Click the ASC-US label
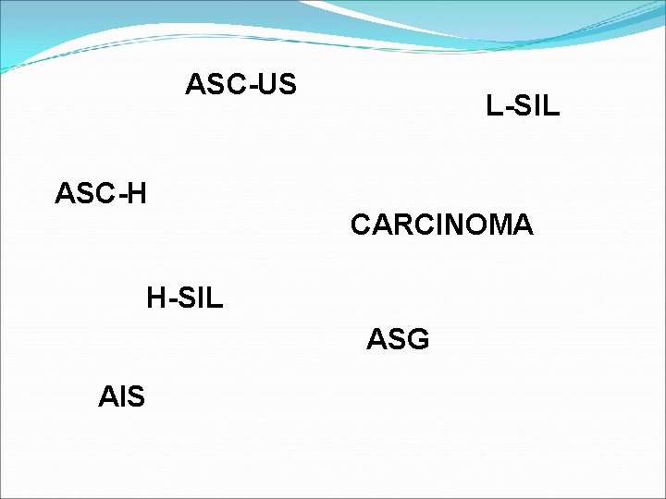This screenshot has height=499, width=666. point(240,84)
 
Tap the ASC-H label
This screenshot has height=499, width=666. point(101,194)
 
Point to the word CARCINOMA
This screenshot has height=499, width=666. point(441,225)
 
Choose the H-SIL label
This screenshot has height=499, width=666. point(185,298)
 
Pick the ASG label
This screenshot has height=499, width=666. point(398,340)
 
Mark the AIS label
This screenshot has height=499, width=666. point(121,397)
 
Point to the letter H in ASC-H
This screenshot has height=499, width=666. point(136,194)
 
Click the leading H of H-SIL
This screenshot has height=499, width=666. point(156,298)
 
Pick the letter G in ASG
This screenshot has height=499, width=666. point(417,340)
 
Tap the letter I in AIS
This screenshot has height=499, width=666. point(121,397)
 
